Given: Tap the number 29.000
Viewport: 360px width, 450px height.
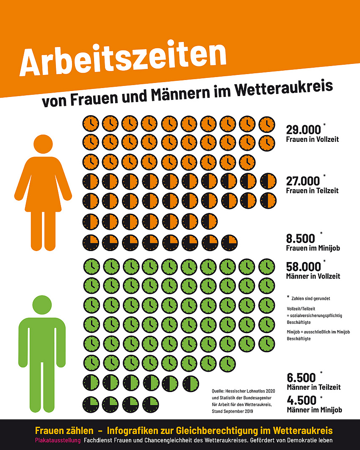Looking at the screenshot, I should click(x=304, y=130).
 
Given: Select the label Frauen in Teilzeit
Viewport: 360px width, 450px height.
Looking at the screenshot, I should click(x=312, y=191).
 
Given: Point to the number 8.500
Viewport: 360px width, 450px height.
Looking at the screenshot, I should click(x=301, y=238).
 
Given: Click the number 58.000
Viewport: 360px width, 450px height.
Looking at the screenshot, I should click(x=304, y=267).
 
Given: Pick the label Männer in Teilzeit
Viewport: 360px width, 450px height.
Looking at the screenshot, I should click(x=313, y=387).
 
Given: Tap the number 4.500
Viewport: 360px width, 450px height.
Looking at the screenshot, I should click(x=302, y=400).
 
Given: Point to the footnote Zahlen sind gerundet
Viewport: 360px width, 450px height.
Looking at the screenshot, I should click(x=311, y=298).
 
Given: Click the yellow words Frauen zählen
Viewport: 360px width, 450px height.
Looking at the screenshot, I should click(x=64, y=431).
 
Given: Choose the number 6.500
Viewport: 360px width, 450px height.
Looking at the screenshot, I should click(x=302, y=377).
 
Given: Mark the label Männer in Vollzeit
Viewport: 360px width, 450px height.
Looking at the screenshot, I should click(x=313, y=276).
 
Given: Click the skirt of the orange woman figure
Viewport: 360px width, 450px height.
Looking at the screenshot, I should click(x=43, y=195).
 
